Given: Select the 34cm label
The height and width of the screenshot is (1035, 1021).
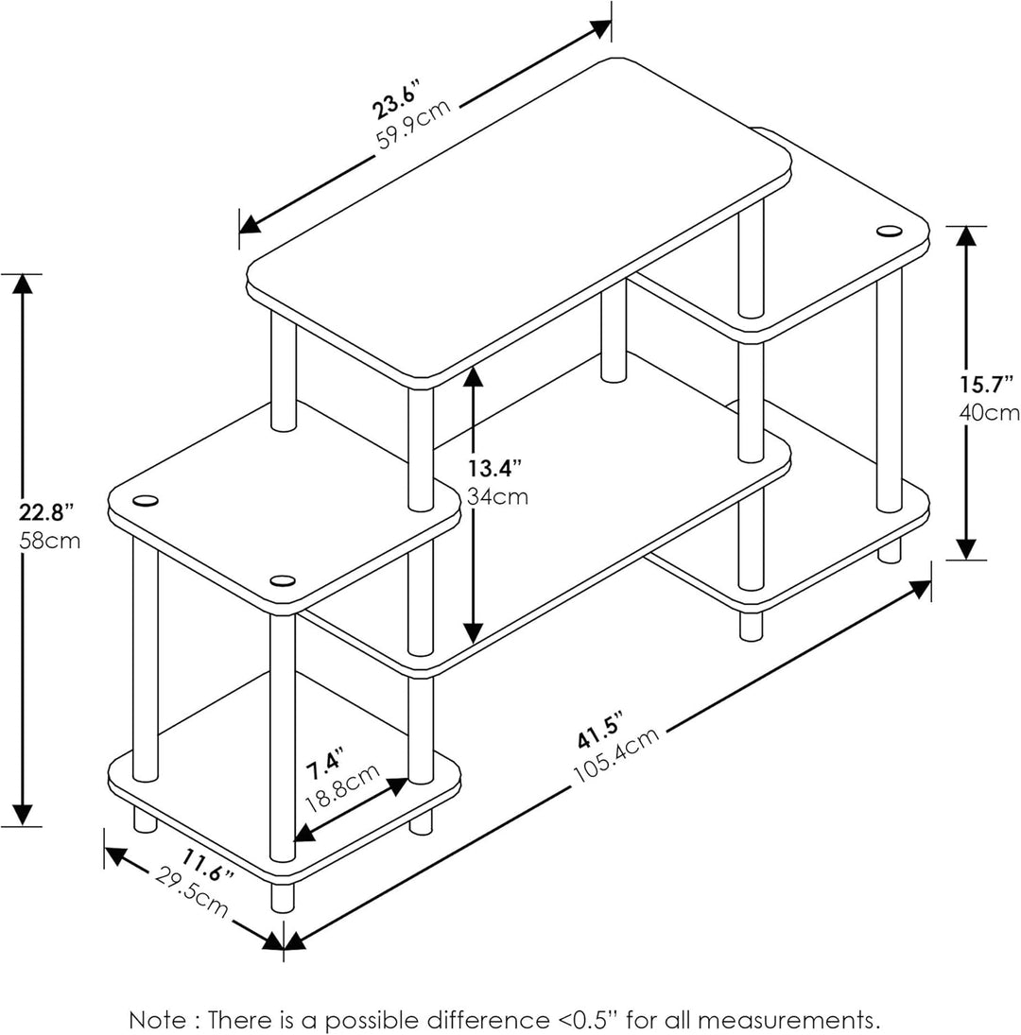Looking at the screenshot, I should click(x=497, y=497).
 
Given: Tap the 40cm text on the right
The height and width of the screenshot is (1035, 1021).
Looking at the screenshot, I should click(x=989, y=412).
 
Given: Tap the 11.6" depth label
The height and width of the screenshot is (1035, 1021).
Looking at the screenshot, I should click(x=209, y=865).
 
